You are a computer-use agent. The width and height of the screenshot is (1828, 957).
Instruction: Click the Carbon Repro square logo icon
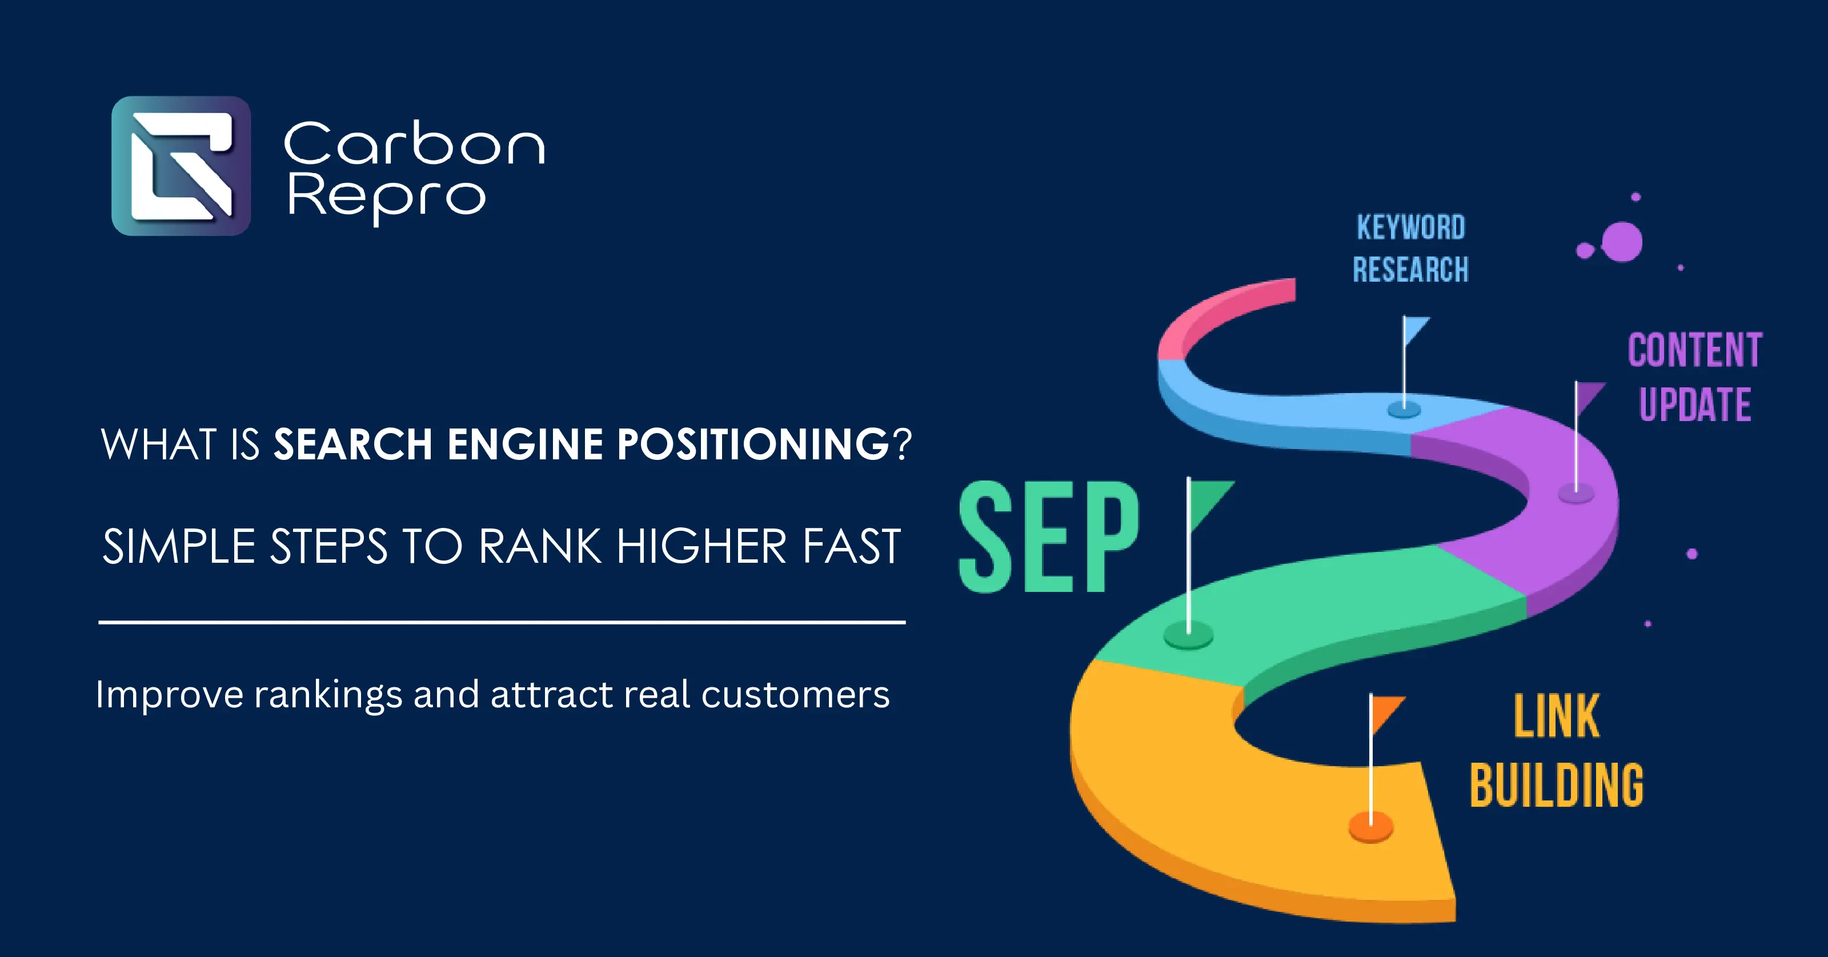181,166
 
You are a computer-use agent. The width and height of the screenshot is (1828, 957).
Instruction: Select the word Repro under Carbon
387,197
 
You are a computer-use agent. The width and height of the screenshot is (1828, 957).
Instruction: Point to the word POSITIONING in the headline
753,445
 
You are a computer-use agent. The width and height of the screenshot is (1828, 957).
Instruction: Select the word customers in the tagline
795,694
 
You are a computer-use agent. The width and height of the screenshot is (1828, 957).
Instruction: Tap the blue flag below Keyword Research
1415,331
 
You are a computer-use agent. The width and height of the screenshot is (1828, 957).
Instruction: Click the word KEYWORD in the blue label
1411,228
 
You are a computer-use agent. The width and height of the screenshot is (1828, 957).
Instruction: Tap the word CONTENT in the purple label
1694,350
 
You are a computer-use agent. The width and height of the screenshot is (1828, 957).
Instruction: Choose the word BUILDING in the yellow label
1556,786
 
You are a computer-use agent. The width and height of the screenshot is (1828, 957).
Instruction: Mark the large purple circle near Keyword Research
1622,241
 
